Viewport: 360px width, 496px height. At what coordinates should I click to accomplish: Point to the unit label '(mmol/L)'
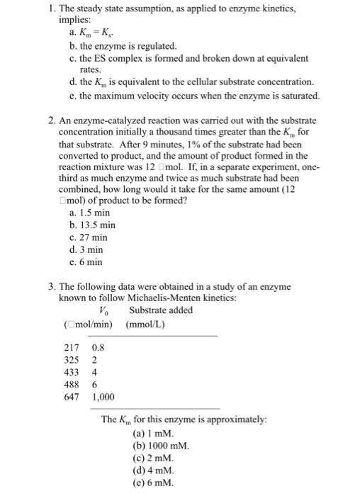(145, 324)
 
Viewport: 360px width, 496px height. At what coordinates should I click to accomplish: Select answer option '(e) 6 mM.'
(157, 484)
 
